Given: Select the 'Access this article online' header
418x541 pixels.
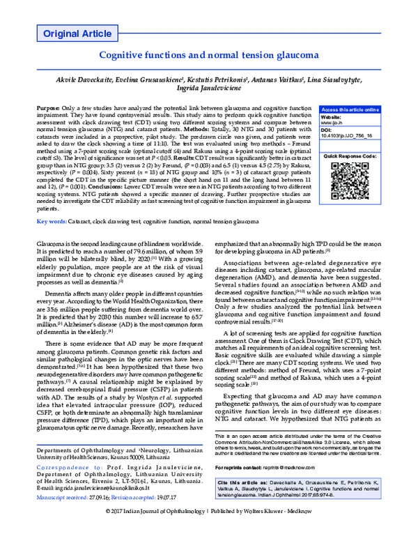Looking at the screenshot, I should (350, 110).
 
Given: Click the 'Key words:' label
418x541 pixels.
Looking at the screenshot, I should (51, 220).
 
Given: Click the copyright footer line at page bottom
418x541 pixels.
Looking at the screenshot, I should (209, 531).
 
